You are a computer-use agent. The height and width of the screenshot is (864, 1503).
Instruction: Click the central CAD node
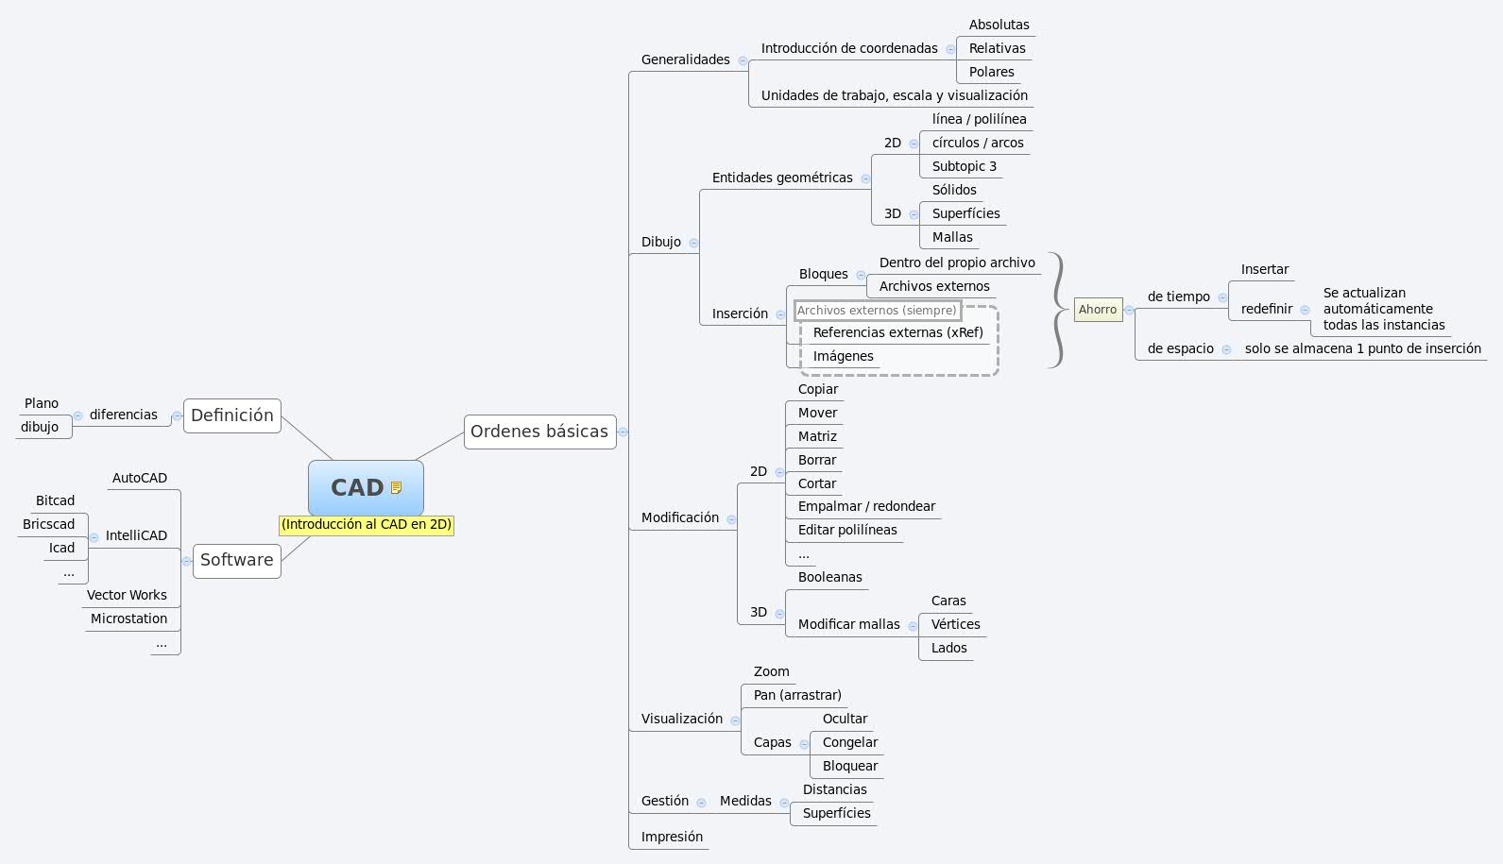(x=357, y=487)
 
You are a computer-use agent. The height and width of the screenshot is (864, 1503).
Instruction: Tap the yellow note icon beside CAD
(x=397, y=488)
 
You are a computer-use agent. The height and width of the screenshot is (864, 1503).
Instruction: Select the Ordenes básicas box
(x=539, y=432)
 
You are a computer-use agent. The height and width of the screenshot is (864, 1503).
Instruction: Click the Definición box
(x=232, y=415)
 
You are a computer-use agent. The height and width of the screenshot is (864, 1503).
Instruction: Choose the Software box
(x=236, y=560)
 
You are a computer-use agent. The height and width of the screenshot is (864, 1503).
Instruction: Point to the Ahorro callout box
(x=1098, y=310)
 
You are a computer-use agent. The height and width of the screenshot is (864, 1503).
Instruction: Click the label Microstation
(x=128, y=618)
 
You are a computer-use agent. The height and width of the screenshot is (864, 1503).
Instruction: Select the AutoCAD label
(x=139, y=478)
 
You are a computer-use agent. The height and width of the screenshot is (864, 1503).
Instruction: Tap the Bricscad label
(x=49, y=524)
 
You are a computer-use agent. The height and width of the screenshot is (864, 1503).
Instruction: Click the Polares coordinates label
(x=991, y=72)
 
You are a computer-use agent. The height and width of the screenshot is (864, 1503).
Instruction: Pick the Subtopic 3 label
(x=964, y=166)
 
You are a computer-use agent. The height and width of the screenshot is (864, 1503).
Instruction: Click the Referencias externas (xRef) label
(x=897, y=332)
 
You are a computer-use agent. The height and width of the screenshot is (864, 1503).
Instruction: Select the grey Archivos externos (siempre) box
(x=877, y=310)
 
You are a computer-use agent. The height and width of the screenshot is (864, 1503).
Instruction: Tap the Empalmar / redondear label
(x=866, y=506)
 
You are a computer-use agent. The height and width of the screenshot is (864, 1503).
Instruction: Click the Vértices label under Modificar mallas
(x=955, y=624)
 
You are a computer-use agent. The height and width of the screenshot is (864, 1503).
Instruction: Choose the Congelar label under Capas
(x=849, y=742)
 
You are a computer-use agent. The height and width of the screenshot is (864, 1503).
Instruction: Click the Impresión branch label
(x=672, y=837)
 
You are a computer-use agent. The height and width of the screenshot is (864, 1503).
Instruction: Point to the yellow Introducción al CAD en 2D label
(x=367, y=524)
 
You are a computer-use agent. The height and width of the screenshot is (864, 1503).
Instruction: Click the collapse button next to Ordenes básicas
(x=623, y=432)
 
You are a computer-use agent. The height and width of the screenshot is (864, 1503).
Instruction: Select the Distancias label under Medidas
(x=834, y=789)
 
